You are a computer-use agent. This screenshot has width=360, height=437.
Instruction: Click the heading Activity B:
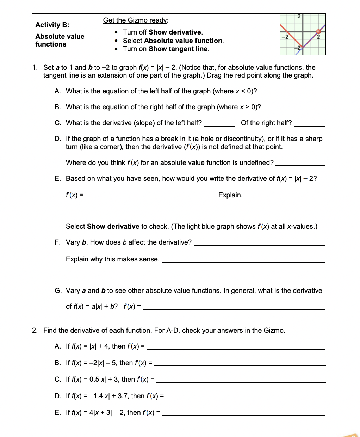[x=52, y=25]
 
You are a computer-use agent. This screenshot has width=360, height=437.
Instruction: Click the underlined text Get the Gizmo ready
[x=135, y=20]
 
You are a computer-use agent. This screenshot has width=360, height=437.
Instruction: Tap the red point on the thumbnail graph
[x=318, y=32]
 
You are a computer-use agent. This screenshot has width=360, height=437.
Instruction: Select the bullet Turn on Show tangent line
[x=166, y=49]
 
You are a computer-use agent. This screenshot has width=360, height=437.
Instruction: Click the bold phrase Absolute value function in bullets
[x=183, y=41]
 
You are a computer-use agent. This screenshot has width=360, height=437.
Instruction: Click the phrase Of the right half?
[x=266, y=123]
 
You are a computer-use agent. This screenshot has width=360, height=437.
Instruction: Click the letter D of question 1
[x=58, y=139]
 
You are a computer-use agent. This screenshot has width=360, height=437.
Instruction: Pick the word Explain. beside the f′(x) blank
[x=230, y=195]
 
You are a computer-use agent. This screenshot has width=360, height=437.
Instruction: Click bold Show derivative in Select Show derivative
[x=113, y=227]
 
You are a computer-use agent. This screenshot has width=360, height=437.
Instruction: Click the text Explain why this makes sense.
[x=112, y=259]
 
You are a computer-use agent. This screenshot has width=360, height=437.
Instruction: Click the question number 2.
[x=35, y=331]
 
